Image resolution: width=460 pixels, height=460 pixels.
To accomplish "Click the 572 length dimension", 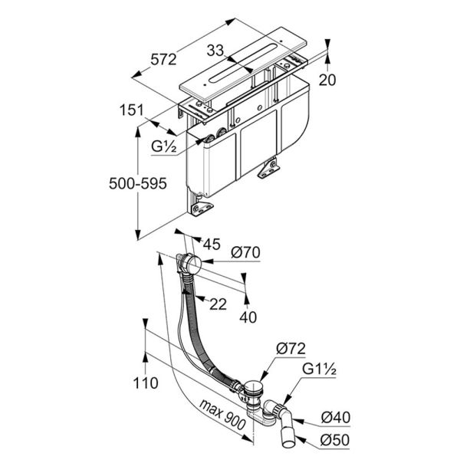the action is pyautogui.click(x=163, y=60).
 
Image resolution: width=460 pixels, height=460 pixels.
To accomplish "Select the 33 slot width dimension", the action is pyautogui.click(x=215, y=51).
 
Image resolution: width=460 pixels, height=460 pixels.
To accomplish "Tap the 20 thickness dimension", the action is pyautogui.click(x=327, y=80).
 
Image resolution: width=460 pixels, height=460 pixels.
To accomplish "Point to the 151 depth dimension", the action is pyautogui.click(x=132, y=110).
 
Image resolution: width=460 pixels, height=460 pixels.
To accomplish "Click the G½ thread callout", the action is pyautogui.click(x=164, y=146).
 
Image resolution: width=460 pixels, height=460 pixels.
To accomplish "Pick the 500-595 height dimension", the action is pyautogui.click(x=138, y=184).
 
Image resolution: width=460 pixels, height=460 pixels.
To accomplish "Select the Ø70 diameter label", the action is pyautogui.click(x=245, y=252).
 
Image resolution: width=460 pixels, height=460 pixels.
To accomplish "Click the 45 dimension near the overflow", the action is pyautogui.click(x=212, y=244).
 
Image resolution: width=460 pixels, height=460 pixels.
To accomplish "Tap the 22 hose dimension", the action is pyautogui.click(x=218, y=304).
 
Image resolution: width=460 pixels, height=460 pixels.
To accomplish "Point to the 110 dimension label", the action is pyautogui.click(x=146, y=383).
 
